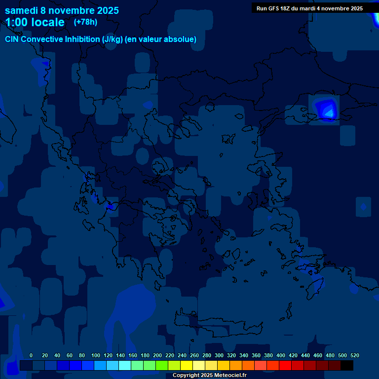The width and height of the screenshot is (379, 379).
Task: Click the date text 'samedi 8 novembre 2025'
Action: (62, 10)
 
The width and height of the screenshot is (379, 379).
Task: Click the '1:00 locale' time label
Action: (35, 22)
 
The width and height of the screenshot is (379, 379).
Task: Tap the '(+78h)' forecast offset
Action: (85, 22)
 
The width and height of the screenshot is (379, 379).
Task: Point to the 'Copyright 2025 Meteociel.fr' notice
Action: (209, 376)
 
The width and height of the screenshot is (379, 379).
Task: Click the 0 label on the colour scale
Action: (31, 355)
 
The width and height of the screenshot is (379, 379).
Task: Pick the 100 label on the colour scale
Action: (96, 355)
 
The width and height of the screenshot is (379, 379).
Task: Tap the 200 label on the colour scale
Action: (157, 355)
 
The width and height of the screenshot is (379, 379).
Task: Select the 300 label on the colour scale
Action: (219, 355)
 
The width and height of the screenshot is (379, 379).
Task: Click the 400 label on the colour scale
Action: (281, 355)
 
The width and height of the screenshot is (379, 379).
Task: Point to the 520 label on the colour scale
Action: (355, 355)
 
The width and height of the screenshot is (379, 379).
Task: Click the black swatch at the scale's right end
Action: (347, 366)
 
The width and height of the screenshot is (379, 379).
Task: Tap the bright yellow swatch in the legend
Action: (187, 366)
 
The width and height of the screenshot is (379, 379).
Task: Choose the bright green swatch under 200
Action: (162, 366)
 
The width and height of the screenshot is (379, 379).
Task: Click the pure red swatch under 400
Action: (285, 366)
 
